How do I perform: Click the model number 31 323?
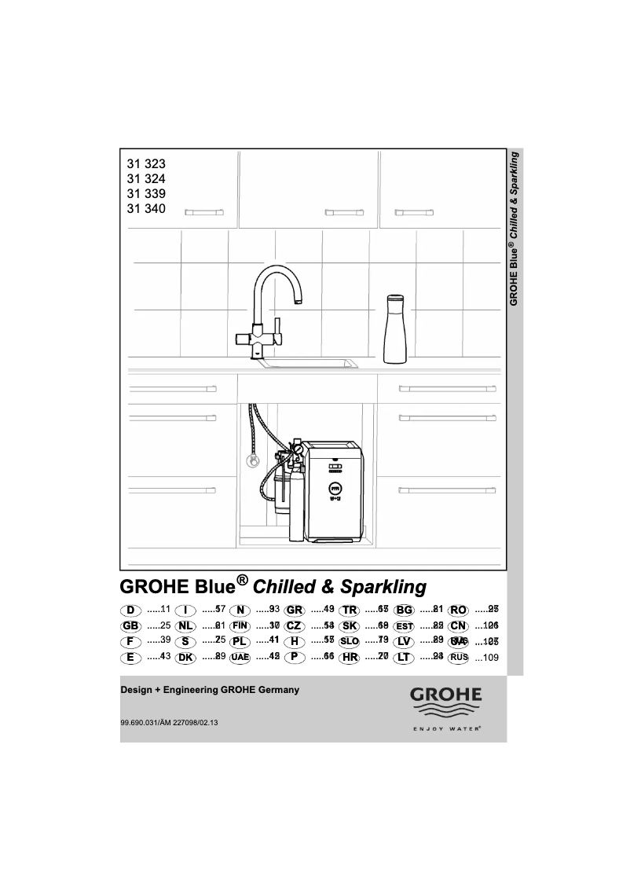pyautogui.click(x=146, y=165)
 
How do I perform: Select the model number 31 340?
pyautogui.click(x=146, y=208)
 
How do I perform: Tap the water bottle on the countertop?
pyautogui.click(x=394, y=330)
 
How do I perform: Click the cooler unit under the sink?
pyautogui.click(x=335, y=491)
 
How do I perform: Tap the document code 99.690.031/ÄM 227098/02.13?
pyautogui.click(x=169, y=723)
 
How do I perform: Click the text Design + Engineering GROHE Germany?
pyautogui.click(x=209, y=690)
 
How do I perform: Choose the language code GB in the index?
pyautogui.click(x=130, y=626)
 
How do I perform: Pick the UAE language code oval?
pyautogui.click(x=240, y=657)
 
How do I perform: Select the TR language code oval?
pyautogui.click(x=350, y=610)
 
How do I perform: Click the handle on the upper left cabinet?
pyautogui.click(x=203, y=211)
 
